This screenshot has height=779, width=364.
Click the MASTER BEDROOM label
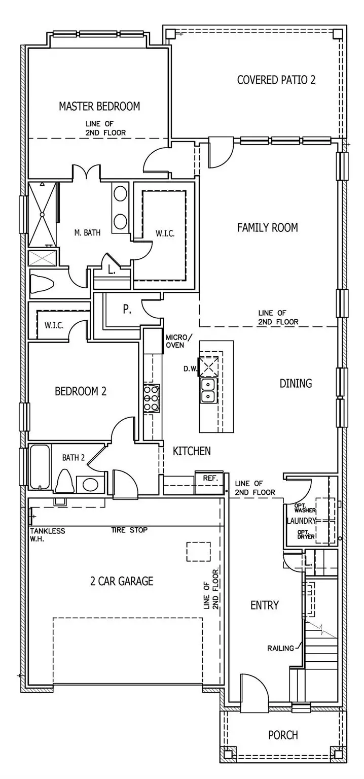point(99,106)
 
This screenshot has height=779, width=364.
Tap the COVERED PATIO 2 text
point(276,80)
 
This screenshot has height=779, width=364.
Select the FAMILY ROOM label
point(267,227)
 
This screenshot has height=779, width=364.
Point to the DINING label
point(296,383)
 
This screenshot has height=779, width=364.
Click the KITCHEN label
point(192,451)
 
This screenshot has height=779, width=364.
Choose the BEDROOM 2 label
point(81,391)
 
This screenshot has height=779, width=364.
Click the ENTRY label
point(265,605)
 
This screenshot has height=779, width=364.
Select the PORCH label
point(283,735)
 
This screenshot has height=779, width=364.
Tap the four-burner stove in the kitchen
point(152,398)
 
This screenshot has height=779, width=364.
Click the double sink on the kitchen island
point(208,390)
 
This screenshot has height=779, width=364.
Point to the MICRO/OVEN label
point(179,342)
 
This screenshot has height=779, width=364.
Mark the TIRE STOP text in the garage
point(129,530)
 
